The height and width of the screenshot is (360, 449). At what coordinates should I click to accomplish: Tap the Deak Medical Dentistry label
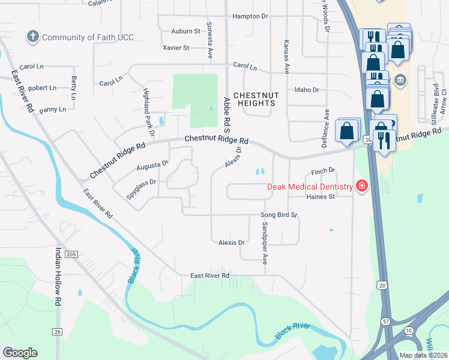tap(310, 187)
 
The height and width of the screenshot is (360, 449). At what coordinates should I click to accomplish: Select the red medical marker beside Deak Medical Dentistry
tap(361, 187)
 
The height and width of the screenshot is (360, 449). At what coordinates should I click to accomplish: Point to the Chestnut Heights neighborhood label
tap(254, 99)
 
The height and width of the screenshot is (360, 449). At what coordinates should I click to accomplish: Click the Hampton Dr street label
tap(250, 16)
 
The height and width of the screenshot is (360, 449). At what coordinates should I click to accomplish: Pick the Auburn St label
tap(185, 31)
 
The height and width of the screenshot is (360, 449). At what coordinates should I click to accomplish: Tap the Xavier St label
tap(176, 47)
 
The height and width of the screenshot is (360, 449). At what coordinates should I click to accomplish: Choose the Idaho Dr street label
tap(307, 89)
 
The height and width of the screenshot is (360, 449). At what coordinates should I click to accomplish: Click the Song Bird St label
tap(279, 215)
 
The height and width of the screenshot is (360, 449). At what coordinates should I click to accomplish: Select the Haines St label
tap(320, 196)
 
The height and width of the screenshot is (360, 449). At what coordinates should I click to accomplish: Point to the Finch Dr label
tap(322, 172)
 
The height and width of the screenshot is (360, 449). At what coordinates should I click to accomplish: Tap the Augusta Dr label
tap(152, 163)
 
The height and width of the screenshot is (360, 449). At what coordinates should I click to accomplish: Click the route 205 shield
tap(71, 254)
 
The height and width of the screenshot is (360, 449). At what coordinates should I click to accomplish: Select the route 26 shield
tap(57, 332)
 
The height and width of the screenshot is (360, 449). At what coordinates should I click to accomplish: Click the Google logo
tap(20, 353)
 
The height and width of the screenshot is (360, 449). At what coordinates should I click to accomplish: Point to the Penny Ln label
tap(53, 109)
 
